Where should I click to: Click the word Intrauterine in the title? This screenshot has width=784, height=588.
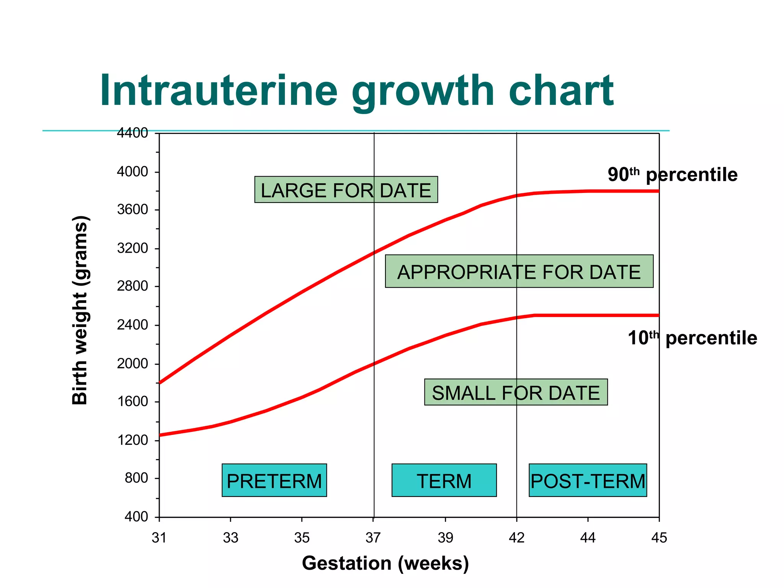coord(219,91)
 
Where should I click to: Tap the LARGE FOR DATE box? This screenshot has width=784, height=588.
coord(346,190)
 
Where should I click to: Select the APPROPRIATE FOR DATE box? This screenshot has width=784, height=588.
coord(519,271)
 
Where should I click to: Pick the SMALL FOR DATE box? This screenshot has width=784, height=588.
coord(516,392)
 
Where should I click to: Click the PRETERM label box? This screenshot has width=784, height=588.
coord(274,480)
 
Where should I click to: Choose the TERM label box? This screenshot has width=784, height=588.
coord(444,480)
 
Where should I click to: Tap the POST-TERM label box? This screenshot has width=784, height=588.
coord(588,480)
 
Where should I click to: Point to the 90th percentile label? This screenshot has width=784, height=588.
coord(672,175)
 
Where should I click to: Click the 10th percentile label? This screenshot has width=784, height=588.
coord(692,338)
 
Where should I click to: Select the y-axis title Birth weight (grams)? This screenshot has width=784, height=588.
coord(80,310)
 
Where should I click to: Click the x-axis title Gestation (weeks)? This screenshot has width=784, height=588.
coord(385,563)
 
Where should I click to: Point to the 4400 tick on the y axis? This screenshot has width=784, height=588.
coord(132,133)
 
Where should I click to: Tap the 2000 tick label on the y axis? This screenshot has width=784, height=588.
coord(132,363)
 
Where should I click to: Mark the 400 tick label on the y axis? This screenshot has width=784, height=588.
coord(136,517)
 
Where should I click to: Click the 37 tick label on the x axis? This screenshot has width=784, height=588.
coord(373,538)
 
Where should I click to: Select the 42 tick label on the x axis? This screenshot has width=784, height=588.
coord(516,538)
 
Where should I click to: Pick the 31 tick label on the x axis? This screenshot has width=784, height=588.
coord(159,538)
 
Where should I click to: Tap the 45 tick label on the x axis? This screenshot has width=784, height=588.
coord(659,538)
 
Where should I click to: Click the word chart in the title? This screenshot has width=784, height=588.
coord(561,91)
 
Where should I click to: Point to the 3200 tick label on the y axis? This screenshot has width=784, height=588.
coord(132,248)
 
